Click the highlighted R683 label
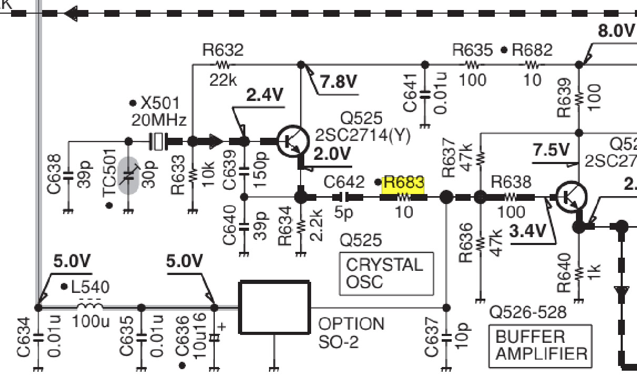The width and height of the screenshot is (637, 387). click(404, 183)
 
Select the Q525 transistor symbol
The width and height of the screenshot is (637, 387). click(293, 141)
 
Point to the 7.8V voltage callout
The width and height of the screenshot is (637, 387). click(338, 82)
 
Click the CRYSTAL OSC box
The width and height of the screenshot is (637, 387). click(386, 273)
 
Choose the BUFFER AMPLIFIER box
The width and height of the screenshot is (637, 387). click(539, 345)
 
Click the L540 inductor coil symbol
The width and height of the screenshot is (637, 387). click(90, 304)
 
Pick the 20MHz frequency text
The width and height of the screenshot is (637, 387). click(158, 120)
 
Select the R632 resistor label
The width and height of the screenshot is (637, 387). click(223, 50)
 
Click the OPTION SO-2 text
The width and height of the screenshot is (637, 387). click(351, 332)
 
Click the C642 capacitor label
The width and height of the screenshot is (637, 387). click(344, 182)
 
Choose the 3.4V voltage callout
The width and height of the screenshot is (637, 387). click(527, 231)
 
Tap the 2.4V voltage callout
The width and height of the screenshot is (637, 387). click(265, 95)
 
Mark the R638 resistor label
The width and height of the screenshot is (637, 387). click(511, 182)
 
